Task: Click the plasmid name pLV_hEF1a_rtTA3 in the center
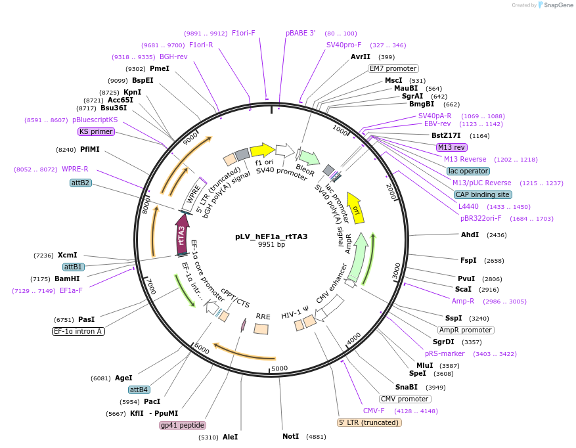[x=271, y=236]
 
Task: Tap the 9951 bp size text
[x=271, y=245]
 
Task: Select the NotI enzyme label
[x=290, y=436]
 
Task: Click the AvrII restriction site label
[x=361, y=56]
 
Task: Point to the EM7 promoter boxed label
[x=393, y=68]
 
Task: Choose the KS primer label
[x=96, y=131]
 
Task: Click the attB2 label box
[x=81, y=183]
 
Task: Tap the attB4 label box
[x=139, y=390]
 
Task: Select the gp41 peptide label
[x=183, y=425]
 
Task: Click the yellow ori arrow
[x=355, y=208]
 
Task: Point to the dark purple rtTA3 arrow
[x=182, y=234]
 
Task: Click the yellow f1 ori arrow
[x=263, y=150]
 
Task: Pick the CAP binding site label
[x=482, y=194]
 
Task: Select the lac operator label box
[x=468, y=171]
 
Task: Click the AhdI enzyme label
[x=470, y=235]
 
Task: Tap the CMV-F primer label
[x=374, y=411]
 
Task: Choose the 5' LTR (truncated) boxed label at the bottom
[x=369, y=422]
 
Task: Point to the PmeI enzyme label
[x=159, y=68]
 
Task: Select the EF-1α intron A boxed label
[x=78, y=331]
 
